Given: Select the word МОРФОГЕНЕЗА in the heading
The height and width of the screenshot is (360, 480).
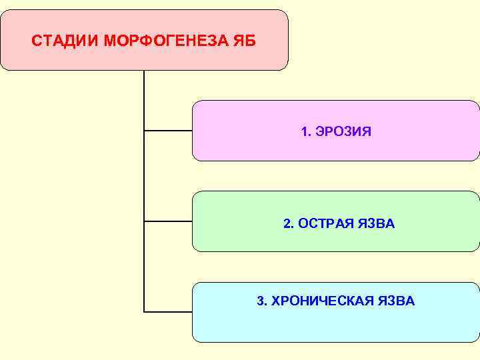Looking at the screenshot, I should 164,41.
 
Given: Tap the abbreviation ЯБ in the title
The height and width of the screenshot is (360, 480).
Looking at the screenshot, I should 244,41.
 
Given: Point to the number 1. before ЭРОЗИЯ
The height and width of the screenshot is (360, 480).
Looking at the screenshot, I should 306,132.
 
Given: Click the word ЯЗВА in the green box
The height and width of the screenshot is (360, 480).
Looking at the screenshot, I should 377,223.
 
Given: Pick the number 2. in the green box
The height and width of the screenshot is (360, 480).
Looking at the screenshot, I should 288,223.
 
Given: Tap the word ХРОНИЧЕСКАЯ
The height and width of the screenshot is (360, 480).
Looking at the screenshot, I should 315,301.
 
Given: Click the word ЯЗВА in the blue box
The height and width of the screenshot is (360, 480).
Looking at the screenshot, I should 397,301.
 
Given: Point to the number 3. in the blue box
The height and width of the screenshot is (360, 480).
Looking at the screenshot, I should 261,301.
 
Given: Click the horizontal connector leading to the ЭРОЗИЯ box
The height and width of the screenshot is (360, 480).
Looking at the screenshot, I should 168,131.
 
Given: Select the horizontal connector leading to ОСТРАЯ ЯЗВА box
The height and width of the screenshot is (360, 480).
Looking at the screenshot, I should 168,221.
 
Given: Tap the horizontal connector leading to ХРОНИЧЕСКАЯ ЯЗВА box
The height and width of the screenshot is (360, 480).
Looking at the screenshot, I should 168,311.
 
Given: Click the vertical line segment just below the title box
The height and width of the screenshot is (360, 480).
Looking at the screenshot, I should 144,87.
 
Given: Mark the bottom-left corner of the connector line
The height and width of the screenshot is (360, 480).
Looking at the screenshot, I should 145,311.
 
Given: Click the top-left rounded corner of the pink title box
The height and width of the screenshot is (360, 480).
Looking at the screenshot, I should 4,13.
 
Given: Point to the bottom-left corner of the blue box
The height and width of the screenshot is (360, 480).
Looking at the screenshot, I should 195,339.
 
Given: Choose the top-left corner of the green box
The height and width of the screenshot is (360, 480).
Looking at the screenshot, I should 195,195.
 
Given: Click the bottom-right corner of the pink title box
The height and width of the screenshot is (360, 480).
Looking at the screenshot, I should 285,67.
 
